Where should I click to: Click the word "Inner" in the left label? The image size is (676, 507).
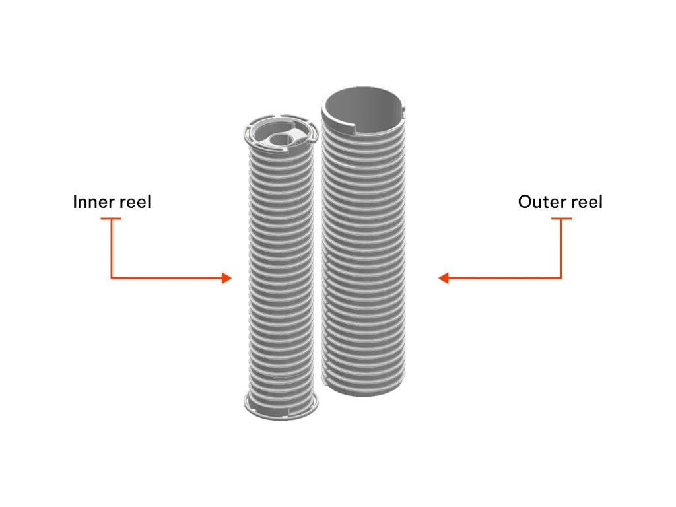[x=92, y=202]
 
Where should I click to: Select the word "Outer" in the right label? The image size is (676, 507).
[x=538, y=202]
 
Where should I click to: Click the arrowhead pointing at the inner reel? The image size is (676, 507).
[x=227, y=278]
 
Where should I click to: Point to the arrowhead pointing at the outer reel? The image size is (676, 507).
[x=444, y=278]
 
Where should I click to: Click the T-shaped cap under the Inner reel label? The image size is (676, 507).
[x=111, y=219]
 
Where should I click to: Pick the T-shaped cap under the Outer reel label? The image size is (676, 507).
[x=561, y=219]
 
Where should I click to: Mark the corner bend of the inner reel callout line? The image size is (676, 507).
[x=111, y=278]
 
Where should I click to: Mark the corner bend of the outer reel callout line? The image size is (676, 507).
[x=561, y=278]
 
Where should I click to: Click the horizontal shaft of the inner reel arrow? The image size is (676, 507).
[x=165, y=278]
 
